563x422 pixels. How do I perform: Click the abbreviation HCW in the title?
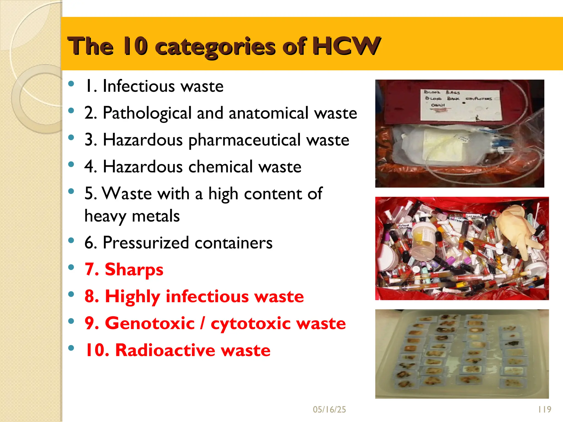[x=346, y=46]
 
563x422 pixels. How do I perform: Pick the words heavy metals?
[x=132, y=216]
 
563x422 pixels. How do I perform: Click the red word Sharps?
[x=134, y=270]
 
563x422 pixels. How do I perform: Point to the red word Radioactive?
[x=165, y=350]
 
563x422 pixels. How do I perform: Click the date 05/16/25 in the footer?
[x=329, y=409]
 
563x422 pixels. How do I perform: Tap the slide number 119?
[x=545, y=409]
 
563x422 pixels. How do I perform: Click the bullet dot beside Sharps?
[x=71, y=267]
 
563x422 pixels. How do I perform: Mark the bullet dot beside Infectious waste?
[x=71, y=84]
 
